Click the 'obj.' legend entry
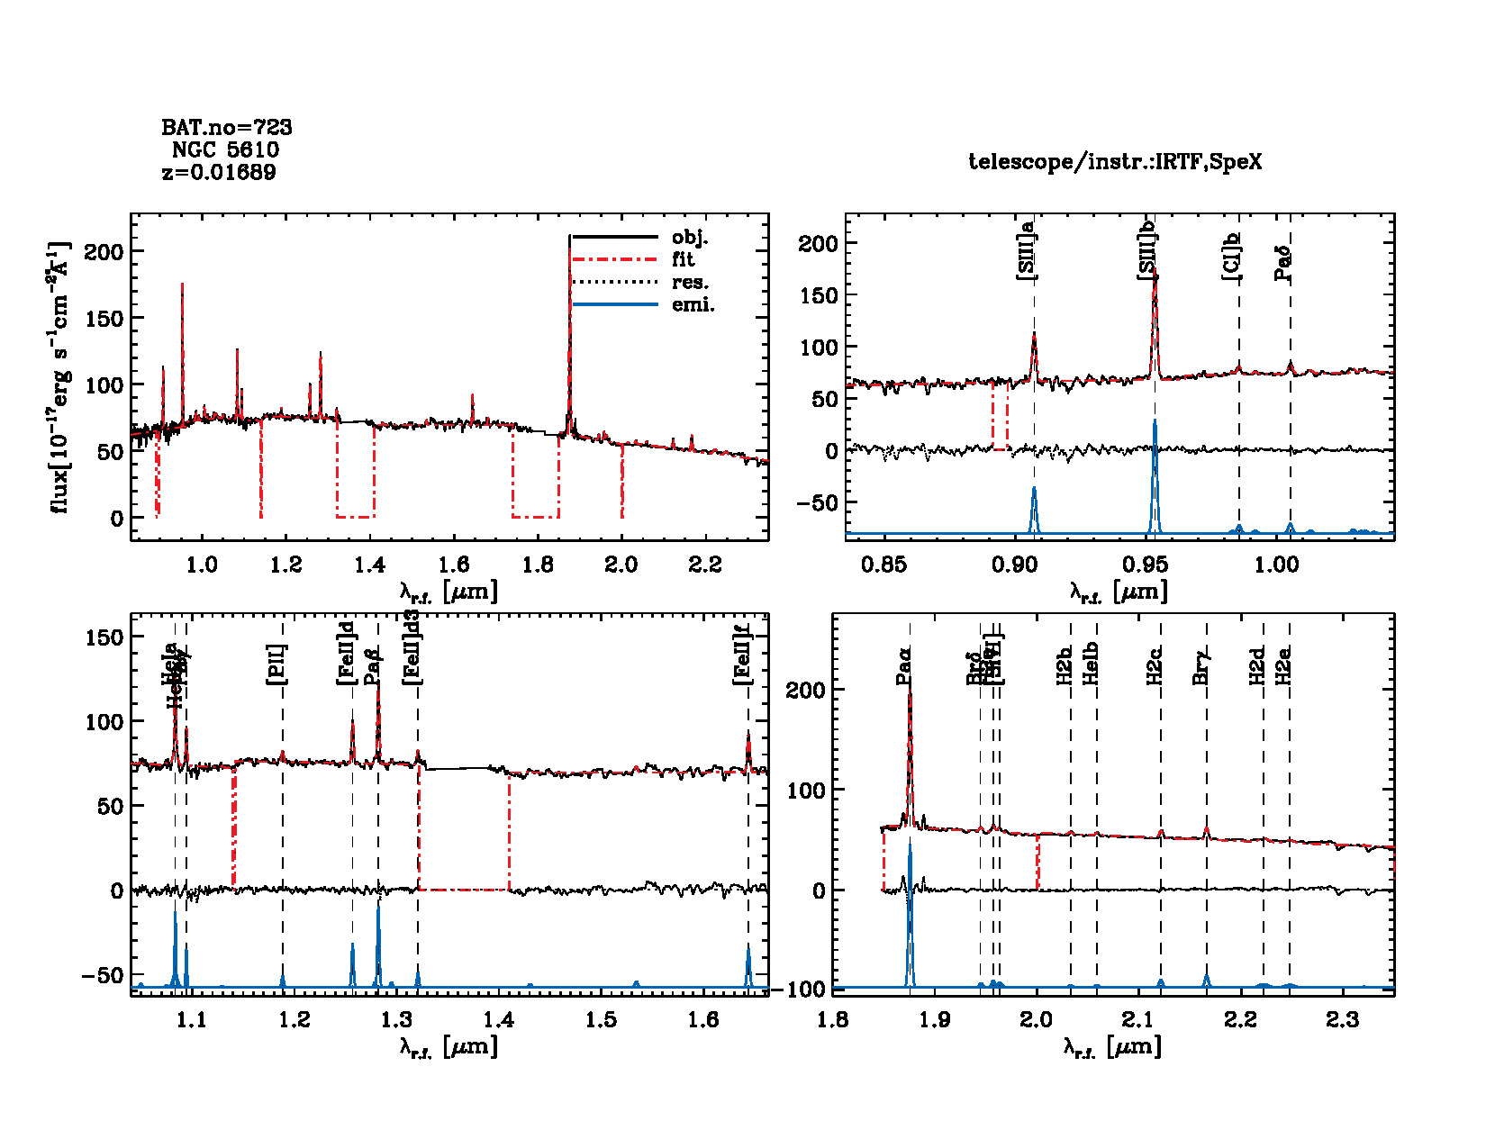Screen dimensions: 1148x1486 pos(690,238)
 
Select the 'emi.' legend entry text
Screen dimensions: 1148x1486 pos(693,305)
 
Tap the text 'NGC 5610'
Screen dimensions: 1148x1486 pos(225,149)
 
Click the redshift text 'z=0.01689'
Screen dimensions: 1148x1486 pos(219,172)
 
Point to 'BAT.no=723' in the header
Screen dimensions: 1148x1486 pos(227,127)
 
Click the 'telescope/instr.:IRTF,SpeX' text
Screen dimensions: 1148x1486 pos(1115,162)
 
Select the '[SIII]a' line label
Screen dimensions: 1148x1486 pos(1026,249)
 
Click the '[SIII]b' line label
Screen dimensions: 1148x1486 pos(1147,249)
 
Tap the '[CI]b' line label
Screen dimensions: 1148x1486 pos(1231,257)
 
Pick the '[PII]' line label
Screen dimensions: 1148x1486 pos(276,664)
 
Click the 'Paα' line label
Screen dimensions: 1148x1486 pos(904,666)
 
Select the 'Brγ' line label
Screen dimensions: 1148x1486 pos(1201,666)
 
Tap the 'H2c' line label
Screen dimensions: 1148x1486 pos(1155,666)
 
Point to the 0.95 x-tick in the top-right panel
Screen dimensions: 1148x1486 pos(1145,565)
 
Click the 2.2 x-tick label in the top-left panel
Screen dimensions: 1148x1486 pos(704,565)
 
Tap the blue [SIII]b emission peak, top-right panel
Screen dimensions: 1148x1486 pos(1155,421)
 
